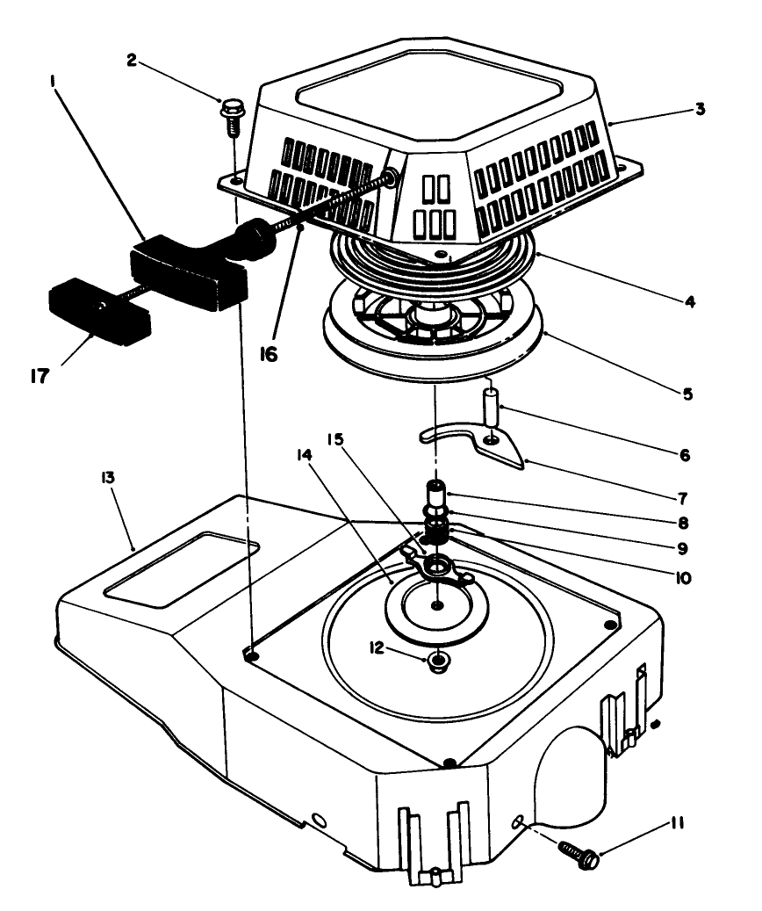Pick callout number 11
pos(676,824)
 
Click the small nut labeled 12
pos(436,661)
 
